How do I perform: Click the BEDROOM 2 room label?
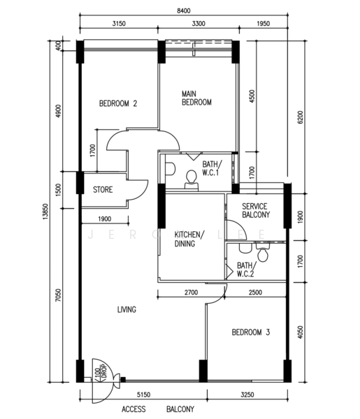[x=117, y=104]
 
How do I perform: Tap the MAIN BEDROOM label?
[x=196, y=98]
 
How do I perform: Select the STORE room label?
[x=103, y=189]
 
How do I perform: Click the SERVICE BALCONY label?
[x=255, y=210]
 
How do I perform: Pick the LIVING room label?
[x=127, y=309]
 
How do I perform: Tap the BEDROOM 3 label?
[x=251, y=333]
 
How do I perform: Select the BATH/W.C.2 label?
[x=245, y=270]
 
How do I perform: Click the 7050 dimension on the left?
[x=59, y=300]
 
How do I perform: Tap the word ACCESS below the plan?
[x=134, y=409]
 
